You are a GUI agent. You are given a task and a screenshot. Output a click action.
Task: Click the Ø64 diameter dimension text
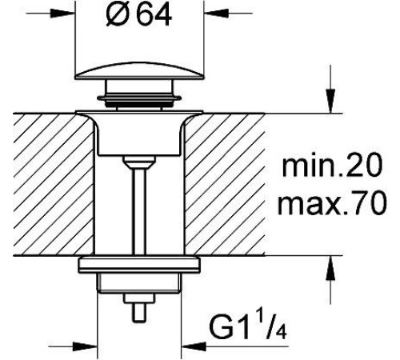point(138,16)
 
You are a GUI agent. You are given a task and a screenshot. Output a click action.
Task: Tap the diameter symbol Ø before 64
point(117,16)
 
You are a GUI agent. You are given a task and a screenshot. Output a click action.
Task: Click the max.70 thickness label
point(332,203)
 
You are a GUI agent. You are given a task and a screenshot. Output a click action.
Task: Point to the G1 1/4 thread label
point(248,328)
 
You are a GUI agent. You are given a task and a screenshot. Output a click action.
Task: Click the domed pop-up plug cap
point(139,70)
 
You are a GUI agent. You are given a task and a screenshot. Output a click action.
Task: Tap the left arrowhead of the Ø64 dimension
point(63,13)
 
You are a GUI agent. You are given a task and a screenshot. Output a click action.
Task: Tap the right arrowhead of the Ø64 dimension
point(216,13)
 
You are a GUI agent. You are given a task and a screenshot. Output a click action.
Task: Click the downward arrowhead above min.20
point(330,101)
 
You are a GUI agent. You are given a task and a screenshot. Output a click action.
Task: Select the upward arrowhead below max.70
point(330,268)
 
